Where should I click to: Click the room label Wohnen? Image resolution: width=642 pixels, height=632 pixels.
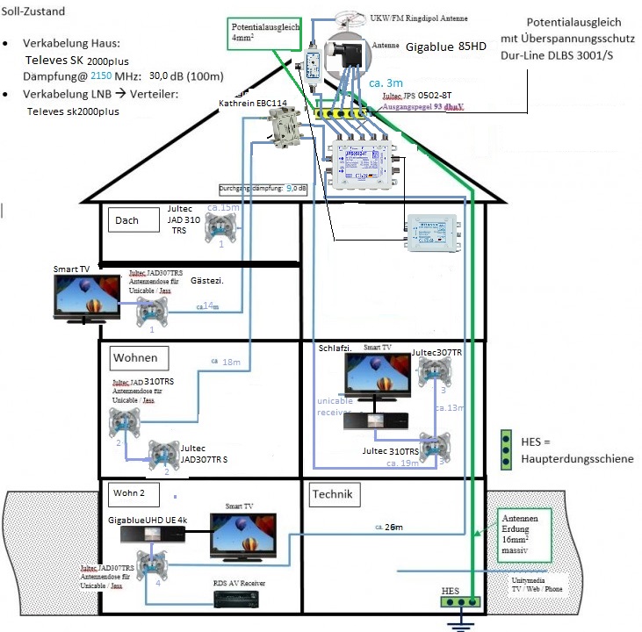[135, 357]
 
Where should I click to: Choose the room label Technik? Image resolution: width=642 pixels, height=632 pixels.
[331, 495]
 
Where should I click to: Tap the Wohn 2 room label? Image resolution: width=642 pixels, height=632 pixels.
[131, 494]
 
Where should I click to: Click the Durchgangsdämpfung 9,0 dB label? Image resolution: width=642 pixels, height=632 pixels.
[263, 188]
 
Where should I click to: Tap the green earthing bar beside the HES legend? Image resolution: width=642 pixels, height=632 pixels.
[506, 449]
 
